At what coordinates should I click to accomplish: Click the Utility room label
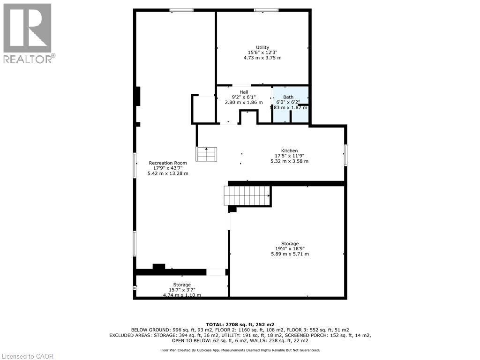[262, 47]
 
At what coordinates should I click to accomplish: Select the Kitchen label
[289, 150]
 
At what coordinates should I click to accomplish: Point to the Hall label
[244, 92]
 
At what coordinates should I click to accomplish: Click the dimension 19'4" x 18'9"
[290, 249]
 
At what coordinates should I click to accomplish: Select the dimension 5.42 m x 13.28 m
[168, 173]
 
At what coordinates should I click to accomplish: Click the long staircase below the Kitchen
[247, 195]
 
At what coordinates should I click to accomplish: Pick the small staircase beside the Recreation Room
[207, 154]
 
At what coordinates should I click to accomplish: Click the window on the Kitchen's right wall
[345, 155]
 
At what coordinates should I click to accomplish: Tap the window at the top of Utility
[266, 10]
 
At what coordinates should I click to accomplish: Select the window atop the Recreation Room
[181, 10]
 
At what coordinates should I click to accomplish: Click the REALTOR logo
[28, 33]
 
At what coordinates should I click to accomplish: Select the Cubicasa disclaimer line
[240, 350]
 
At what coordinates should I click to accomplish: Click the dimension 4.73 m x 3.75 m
[262, 58]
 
